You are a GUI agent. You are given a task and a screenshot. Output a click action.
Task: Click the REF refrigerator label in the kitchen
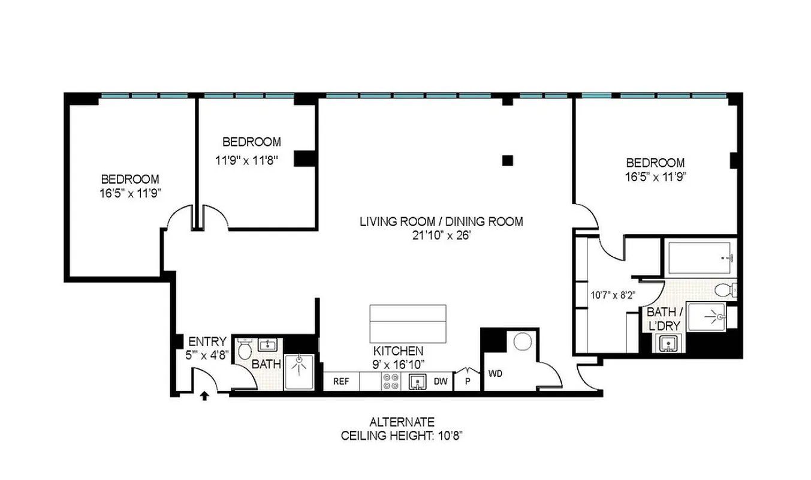tap(341, 381)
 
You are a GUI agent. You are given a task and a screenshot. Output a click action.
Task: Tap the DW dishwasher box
tap(441, 381)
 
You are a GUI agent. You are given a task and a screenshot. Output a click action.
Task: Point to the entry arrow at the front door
tap(204, 395)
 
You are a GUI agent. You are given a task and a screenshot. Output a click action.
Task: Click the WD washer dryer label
tap(495, 374)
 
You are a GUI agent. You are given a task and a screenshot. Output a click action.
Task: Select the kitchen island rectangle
tap(408, 322)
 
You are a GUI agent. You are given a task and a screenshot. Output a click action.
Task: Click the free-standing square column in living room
tap(508, 160)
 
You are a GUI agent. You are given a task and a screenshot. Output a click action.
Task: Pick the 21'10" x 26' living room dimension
tap(441, 235)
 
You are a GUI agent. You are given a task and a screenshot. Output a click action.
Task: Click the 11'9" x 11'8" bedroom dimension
tap(246, 160)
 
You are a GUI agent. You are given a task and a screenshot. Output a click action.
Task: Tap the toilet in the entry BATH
tap(245, 349)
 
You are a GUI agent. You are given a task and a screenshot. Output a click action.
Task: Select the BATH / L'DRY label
tap(662, 319)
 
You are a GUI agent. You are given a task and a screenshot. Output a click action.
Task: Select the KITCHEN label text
tap(399, 350)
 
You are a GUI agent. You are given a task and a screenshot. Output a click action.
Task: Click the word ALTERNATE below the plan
tap(402, 422)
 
